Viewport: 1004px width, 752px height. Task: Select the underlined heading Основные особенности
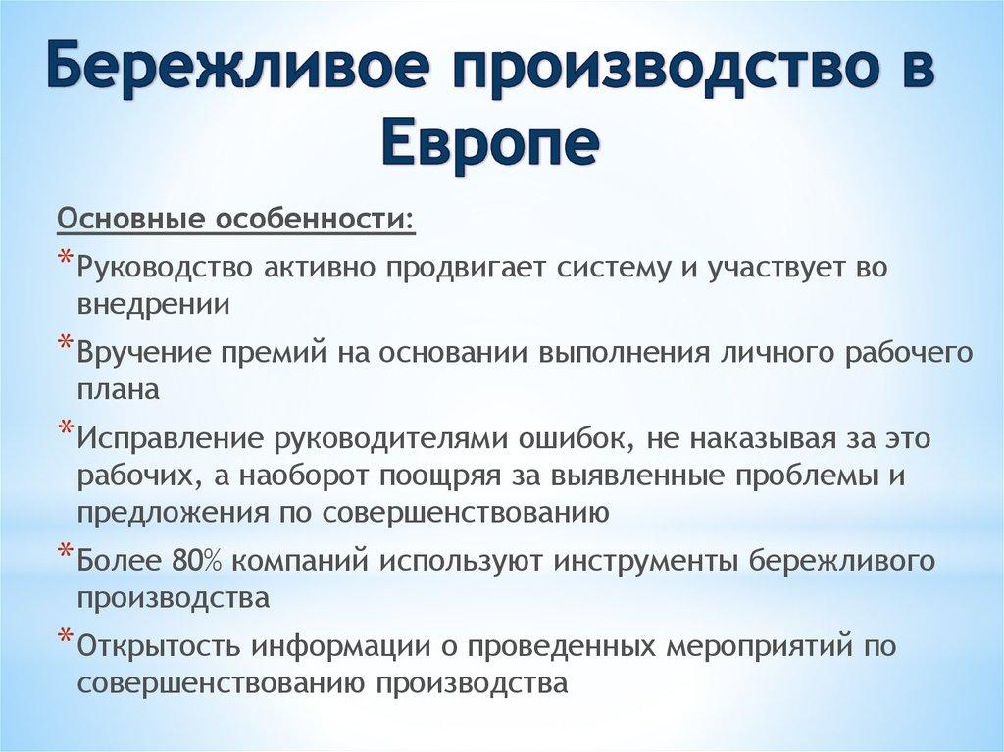tap(235, 217)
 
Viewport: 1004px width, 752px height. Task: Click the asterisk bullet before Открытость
tap(64, 636)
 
